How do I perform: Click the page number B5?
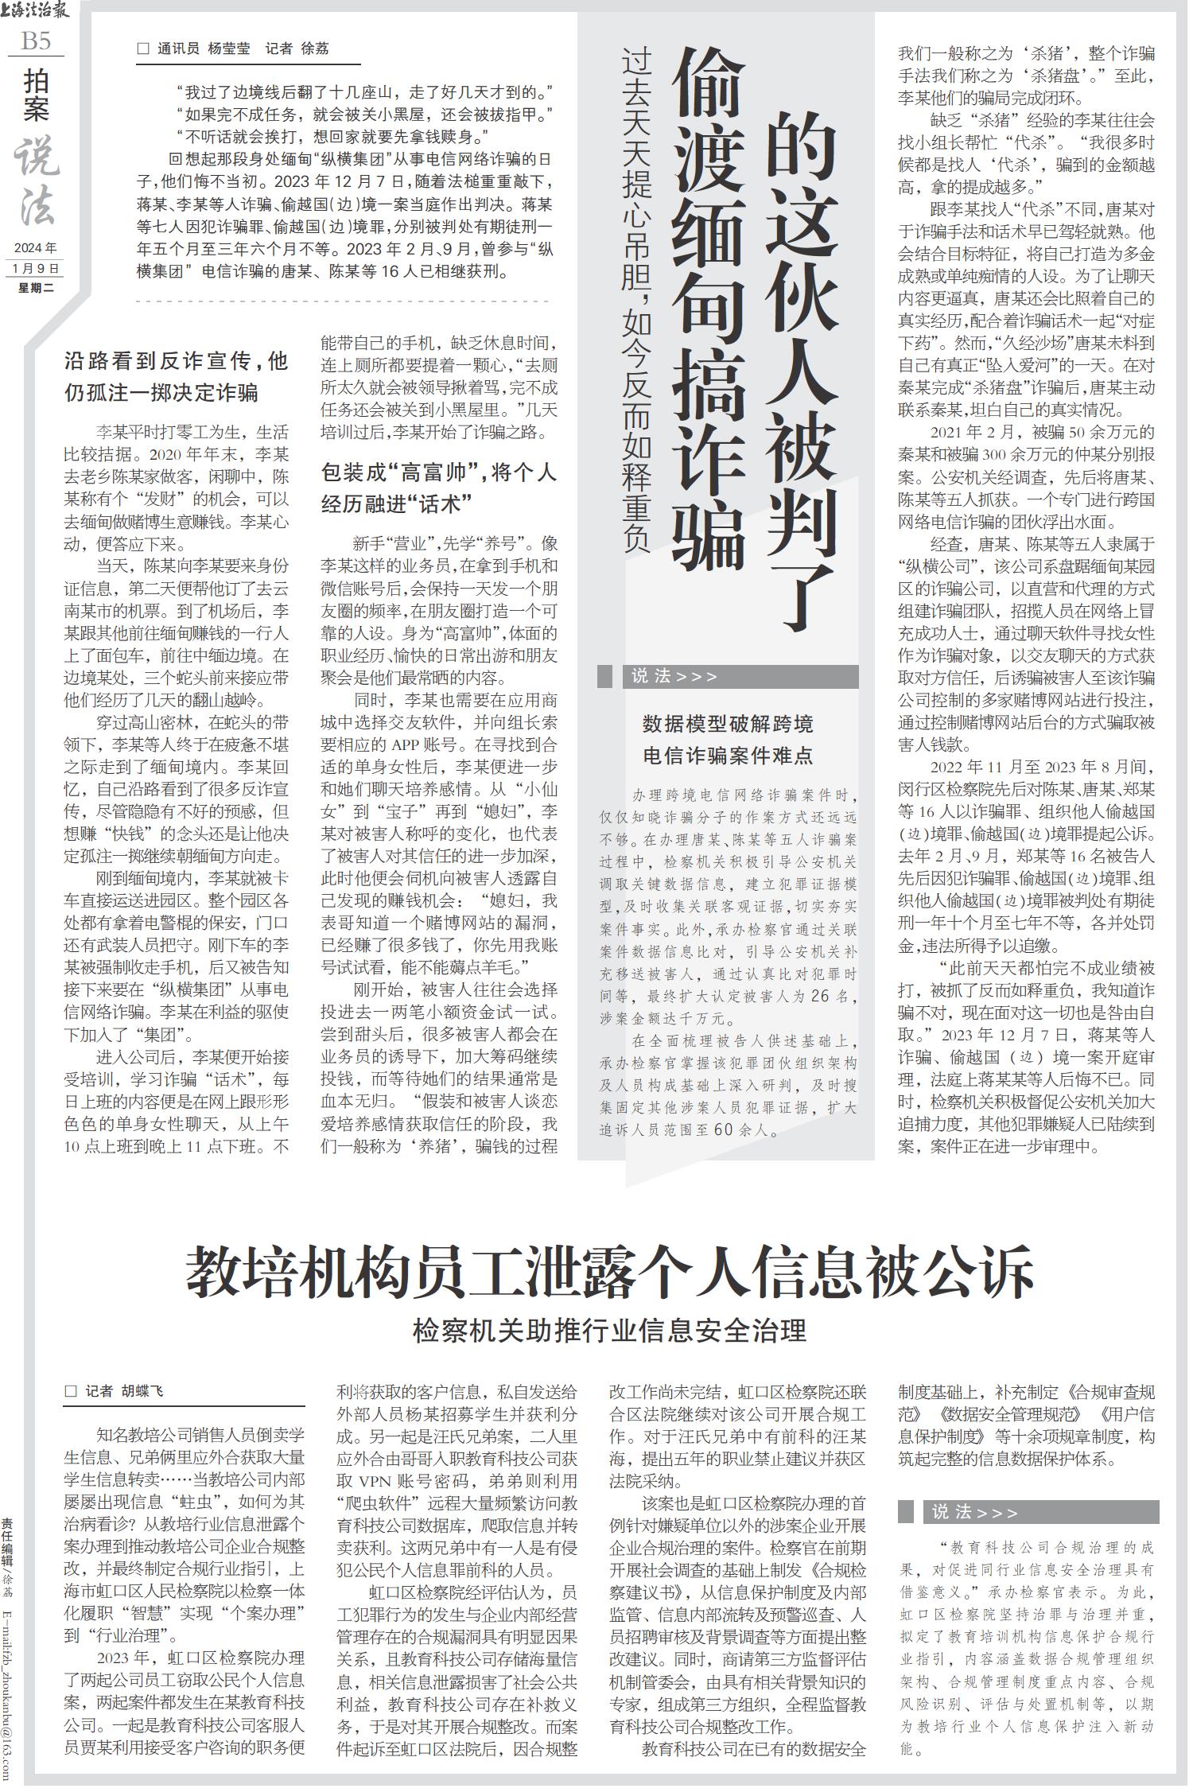[35, 41]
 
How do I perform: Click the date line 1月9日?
[36, 268]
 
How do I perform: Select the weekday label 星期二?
[36, 287]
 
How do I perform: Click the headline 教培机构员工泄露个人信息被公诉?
[610, 1272]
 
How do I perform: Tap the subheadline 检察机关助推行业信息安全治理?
[610, 1330]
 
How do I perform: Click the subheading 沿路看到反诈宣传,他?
[176, 361]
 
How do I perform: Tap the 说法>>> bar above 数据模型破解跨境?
[728, 677]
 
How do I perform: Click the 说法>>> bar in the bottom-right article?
[1028, 1512]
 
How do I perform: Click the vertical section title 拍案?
[36, 95]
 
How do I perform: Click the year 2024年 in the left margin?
[36, 248]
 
